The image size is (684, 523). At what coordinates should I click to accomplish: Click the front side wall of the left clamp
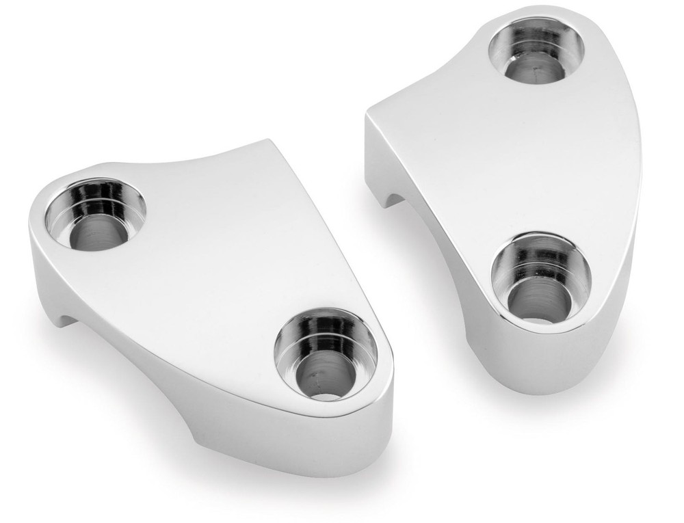[171, 356]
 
